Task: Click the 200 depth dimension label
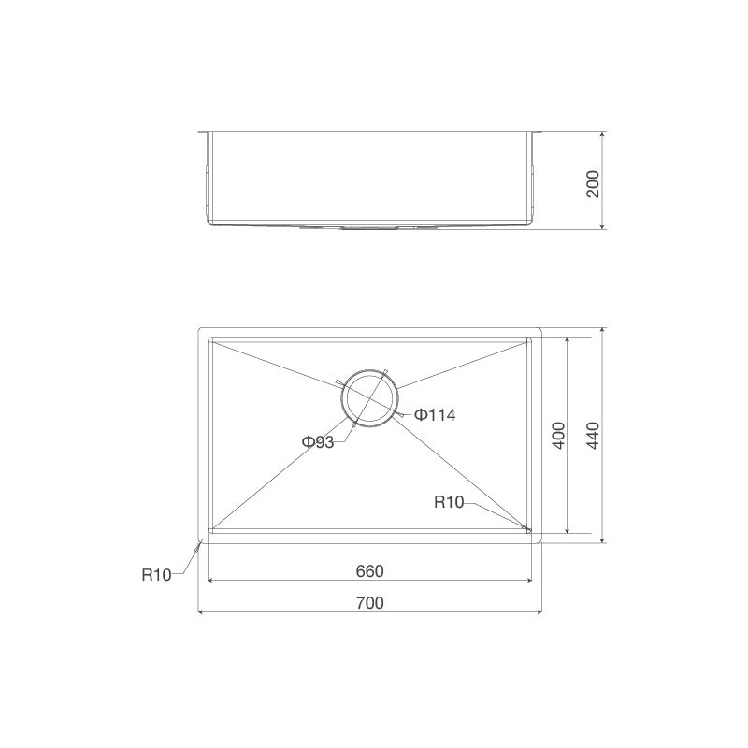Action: coord(591,181)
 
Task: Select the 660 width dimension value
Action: coord(370,570)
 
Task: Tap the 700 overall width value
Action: coord(370,603)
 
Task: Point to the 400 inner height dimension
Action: coord(558,436)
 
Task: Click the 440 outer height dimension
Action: coord(591,436)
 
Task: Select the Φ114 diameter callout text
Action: coord(434,415)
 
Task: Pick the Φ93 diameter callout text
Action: coord(318,442)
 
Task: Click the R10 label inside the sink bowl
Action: coord(449,502)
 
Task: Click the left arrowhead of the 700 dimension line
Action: coord(201,612)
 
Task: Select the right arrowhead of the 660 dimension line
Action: coord(529,580)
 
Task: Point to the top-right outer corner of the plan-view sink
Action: coord(541,328)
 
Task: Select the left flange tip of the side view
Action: coord(200,132)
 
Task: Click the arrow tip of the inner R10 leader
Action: coord(529,531)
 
